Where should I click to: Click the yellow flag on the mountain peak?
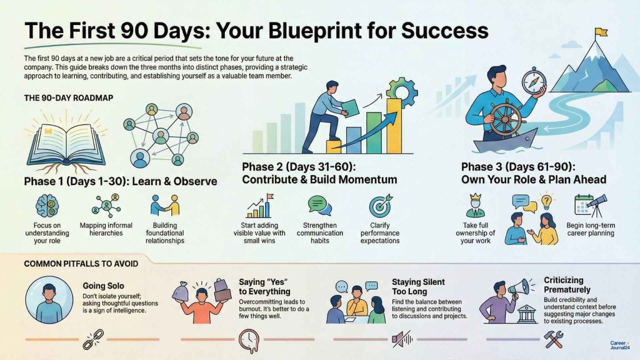[601, 31]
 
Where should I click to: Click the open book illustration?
[60, 144]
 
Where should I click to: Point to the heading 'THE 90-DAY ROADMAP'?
[59, 97]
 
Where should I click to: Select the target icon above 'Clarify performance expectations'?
[379, 206]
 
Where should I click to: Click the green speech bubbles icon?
[319, 205]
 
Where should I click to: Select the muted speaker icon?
[400, 340]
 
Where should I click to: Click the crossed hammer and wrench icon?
[554, 340]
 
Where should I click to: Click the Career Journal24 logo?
[619, 345]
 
